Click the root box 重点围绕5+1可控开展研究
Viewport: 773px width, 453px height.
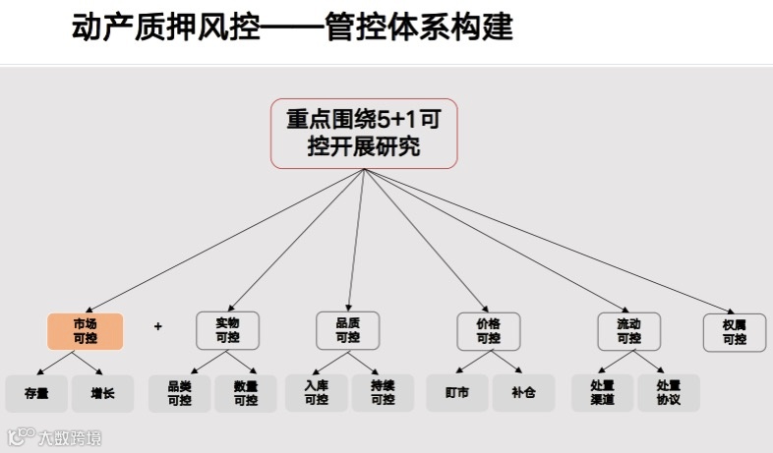click(365, 133)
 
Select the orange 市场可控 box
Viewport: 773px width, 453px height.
click(85, 331)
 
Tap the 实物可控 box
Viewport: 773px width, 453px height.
click(227, 331)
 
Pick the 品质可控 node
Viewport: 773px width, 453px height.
click(347, 331)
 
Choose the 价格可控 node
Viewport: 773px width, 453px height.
click(488, 331)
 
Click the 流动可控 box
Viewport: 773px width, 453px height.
click(628, 331)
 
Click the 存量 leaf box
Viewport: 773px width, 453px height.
click(36, 393)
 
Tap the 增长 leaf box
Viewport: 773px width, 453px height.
click(102, 393)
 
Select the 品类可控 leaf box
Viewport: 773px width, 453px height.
click(179, 393)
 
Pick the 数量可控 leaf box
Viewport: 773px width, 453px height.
click(245, 393)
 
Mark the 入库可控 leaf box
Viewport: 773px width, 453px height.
click(317, 393)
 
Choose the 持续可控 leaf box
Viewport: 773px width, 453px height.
click(383, 393)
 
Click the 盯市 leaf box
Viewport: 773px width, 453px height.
click(457, 393)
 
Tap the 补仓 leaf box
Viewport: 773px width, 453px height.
click(523, 393)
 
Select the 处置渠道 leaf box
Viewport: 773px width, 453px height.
click(602, 393)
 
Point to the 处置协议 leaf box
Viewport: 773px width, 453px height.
click(668, 393)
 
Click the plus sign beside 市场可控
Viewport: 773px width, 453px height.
click(157, 326)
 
